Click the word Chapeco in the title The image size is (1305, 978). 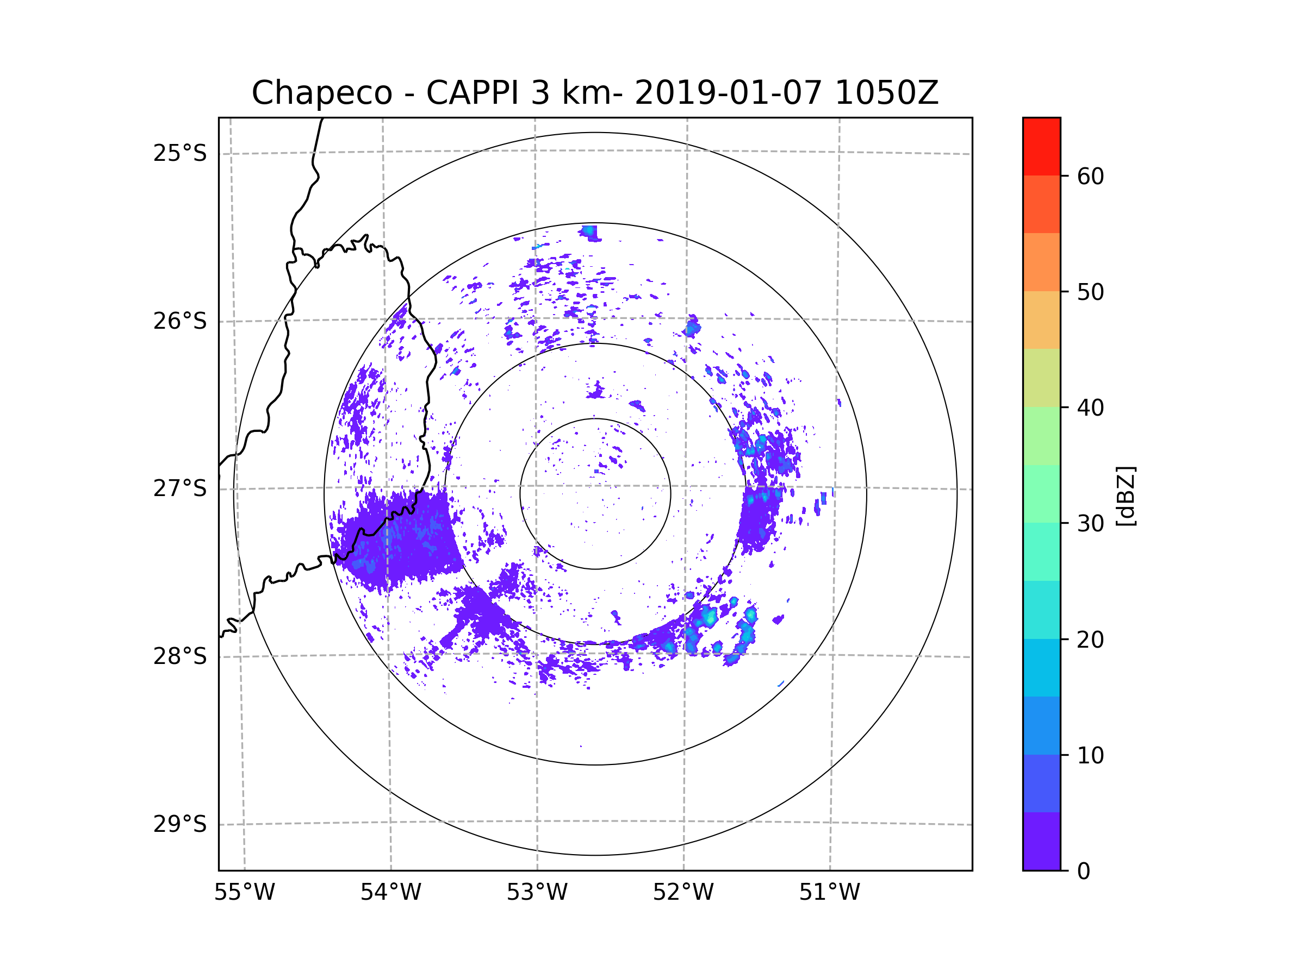click(x=321, y=93)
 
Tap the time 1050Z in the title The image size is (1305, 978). click(x=886, y=93)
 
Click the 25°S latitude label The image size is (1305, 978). click(x=180, y=153)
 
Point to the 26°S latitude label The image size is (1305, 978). click(x=180, y=321)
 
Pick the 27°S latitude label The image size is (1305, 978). click(x=180, y=488)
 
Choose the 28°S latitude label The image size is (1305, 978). click(x=180, y=656)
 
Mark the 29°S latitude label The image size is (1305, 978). click(x=180, y=824)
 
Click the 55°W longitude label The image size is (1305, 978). click(x=244, y=893)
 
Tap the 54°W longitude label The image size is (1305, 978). click(x=390, y=893)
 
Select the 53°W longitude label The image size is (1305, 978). click(x=537, y=893)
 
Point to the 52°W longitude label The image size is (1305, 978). click(x=683, y=893)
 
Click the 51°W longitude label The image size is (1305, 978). click(x=829, y=893)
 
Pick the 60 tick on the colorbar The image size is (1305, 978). click(x=1090, y=176)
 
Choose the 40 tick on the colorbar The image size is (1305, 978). click(x=1090, y=408)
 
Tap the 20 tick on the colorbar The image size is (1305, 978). click(x=1090, y=640)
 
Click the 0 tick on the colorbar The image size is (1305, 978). click(x=1084, y=872)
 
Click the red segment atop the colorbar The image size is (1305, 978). click(x=1041, y=146)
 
